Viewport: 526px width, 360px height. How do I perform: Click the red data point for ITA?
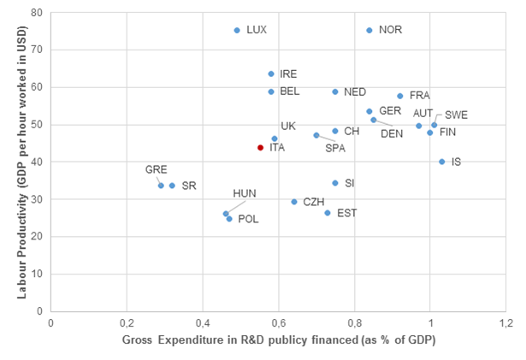point(260,147)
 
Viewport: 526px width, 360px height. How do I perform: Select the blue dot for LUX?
point(237,30)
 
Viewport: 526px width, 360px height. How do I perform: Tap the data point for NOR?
point(369,30)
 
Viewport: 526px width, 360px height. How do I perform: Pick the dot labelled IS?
point(441,162)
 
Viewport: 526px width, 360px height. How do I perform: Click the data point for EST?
point(327,213)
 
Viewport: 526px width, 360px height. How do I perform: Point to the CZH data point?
point(294,202)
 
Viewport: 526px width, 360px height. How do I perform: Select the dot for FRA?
point(400,96)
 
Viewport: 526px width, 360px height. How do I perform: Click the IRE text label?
point(288,74)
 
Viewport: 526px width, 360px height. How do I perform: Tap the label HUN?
point(245,193)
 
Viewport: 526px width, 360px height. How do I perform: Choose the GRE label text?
point(156,169)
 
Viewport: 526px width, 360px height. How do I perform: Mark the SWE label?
point(456,115)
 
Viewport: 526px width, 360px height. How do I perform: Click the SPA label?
point(335,148)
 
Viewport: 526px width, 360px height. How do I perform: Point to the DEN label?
point(391,133)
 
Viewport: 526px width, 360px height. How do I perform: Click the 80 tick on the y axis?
point(38,13)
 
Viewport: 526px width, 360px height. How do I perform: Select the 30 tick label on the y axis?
point(38,199)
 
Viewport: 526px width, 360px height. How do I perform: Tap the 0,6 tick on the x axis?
point(279,324)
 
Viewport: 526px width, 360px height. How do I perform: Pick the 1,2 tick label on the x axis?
point(505,324)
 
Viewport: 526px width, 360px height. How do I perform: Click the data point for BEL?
point(271,91)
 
